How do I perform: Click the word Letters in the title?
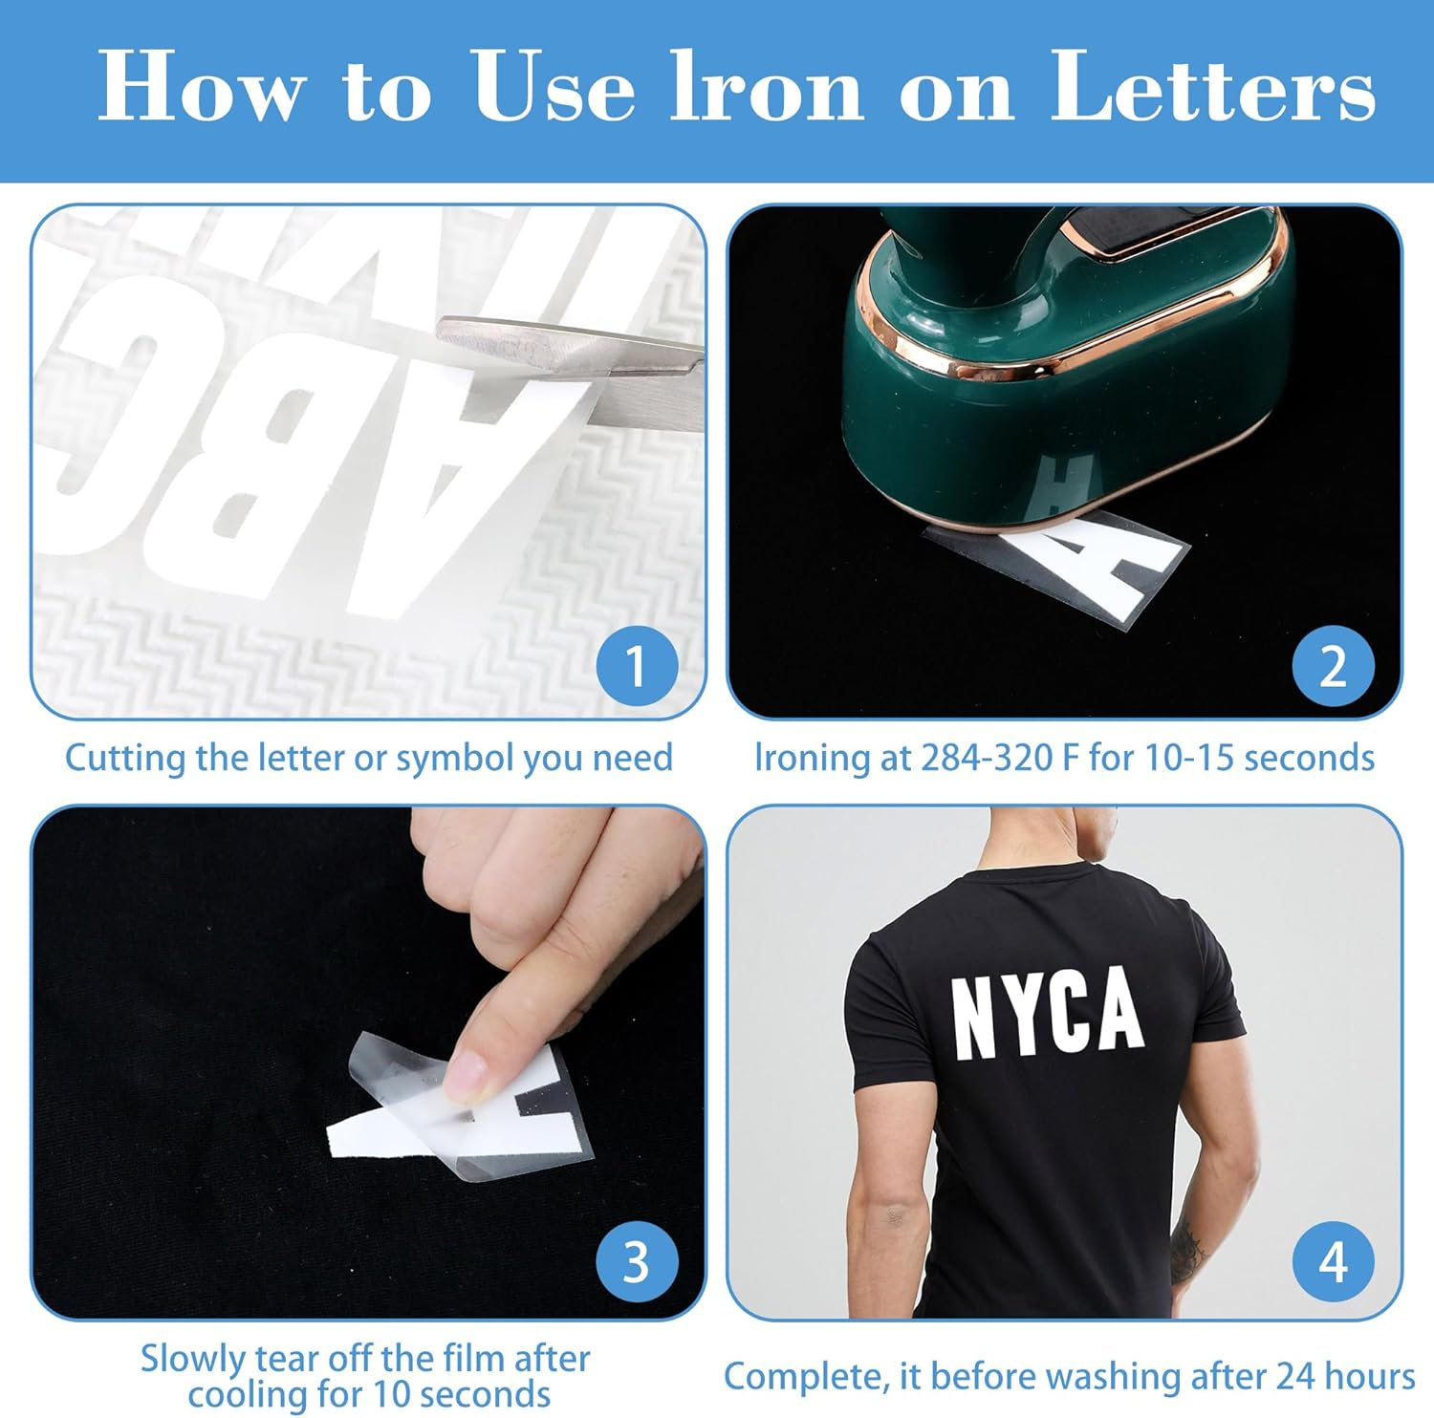(x=1212, y=88)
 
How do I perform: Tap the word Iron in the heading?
(x=766, y=88)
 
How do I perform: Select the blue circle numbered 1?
(x=637, y=666)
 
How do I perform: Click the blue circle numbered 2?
(x=1333, y=666)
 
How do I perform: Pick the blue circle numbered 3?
(x=637, y=1262)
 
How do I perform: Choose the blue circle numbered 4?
(x=1333, y=1262)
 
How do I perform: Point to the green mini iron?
(x=1061, y=382)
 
